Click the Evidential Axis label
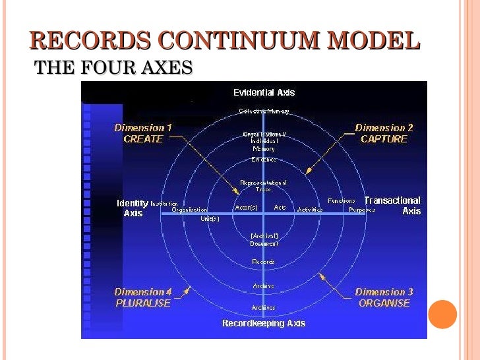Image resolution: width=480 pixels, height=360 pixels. [x=264, y=93]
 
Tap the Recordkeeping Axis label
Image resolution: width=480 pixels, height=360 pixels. [x=264, y=323]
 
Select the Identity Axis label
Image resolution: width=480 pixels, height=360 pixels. [x=133, y=208]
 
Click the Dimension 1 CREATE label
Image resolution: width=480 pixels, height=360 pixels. [x=143, y=133]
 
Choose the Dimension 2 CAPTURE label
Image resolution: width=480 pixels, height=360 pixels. [x=384, y=133]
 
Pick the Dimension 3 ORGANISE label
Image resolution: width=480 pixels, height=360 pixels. [x=384, y=297]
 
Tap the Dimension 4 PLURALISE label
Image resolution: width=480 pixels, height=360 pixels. [x=143, y=297]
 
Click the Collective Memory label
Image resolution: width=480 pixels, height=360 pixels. [x=264, y=111]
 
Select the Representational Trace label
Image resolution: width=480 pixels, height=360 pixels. [x=263, y=185]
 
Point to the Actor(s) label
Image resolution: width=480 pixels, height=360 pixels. [x=246, y=208]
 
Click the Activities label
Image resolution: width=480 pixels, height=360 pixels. [x=309, y=210]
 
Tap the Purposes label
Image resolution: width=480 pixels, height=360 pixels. [x=362, y=210]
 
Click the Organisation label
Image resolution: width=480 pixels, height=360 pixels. [x=189, y=210]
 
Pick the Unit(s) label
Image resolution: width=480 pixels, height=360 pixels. [x=210, y=218]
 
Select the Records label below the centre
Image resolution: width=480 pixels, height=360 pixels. [x=263, y=262]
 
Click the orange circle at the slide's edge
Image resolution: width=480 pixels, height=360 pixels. [x=442, y=315]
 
